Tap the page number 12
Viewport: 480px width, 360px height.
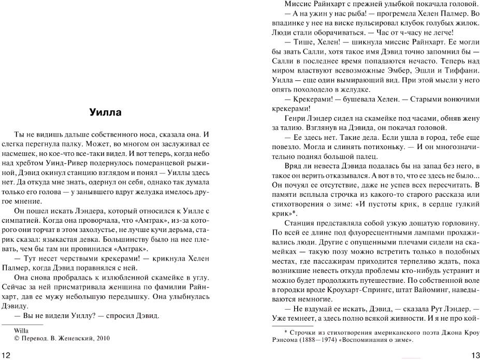point(7,354)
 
